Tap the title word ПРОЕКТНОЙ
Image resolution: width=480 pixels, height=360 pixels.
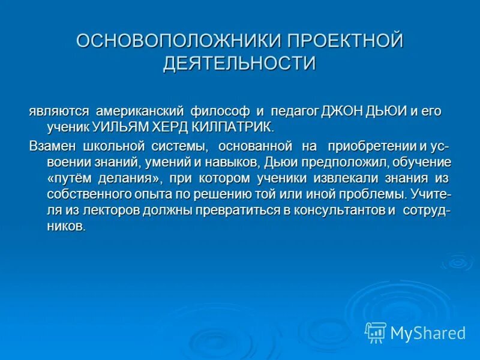tap(344, 42)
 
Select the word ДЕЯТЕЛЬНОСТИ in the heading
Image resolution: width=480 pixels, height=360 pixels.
tap(239, 63)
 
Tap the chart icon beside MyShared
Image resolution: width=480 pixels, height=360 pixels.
tap(376, 332)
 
